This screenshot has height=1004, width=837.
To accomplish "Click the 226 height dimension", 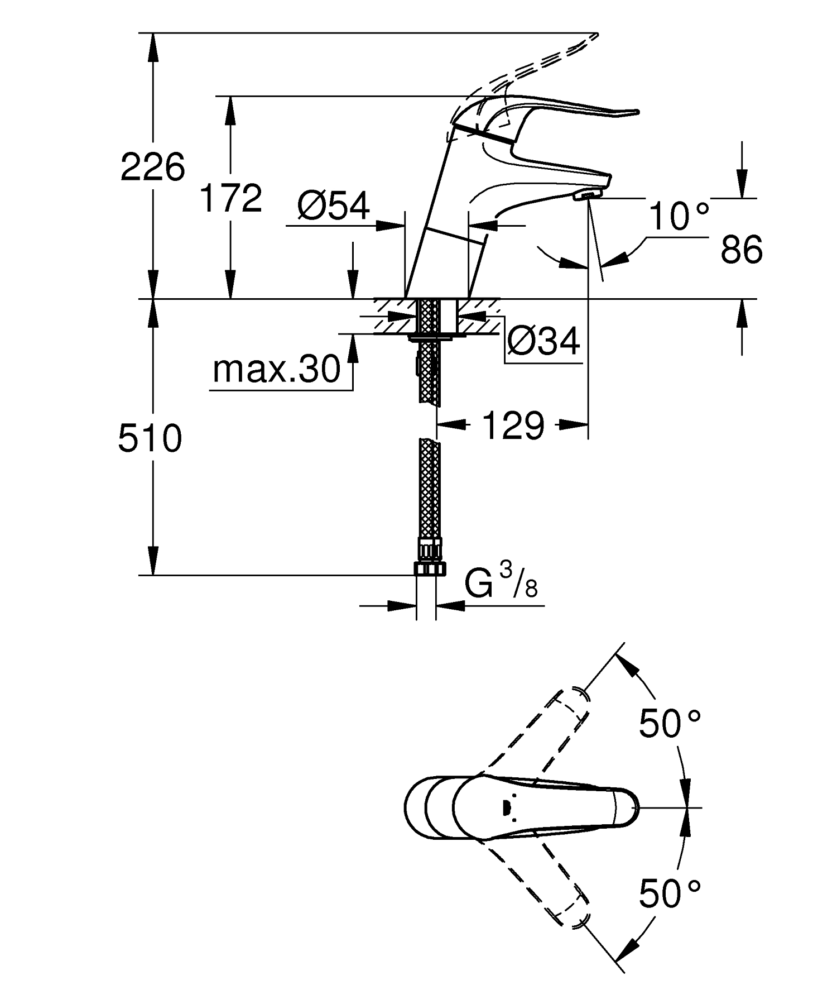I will point(152,167).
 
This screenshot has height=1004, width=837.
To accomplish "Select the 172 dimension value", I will point(231,198).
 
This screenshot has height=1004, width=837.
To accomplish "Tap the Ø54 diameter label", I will point(333,206).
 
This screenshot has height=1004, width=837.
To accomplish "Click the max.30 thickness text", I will point(276,369).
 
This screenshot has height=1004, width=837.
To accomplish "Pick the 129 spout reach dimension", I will point(512,426).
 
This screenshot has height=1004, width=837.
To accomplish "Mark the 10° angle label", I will point(679,216).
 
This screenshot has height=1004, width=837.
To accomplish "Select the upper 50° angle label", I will point(669,723).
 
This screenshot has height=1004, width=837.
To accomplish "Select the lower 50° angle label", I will point(669,894).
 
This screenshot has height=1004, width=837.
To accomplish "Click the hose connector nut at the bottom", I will point(429,568).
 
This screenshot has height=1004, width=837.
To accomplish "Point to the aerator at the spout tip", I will point(587,194).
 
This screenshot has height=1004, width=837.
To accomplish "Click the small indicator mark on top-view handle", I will point(506,807).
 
